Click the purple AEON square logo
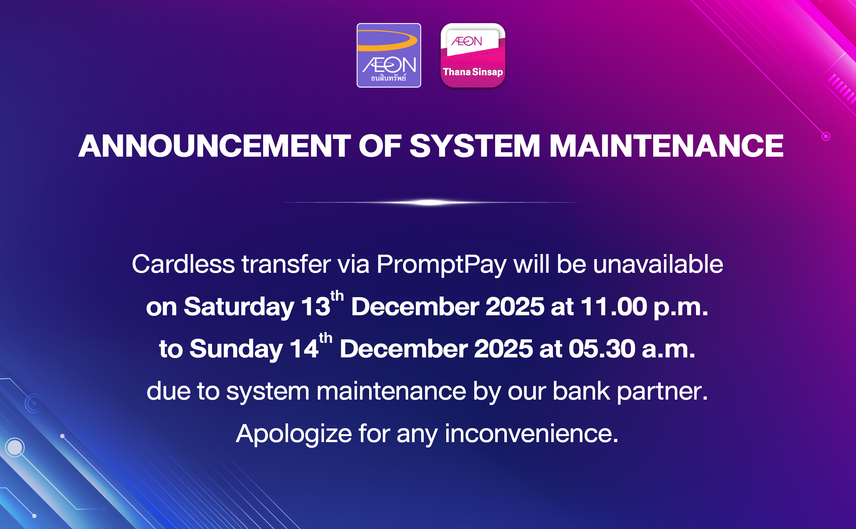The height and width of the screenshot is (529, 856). (388, 55)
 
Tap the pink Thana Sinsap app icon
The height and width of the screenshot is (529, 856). (473, 55)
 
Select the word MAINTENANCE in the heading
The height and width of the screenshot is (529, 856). (666, 146)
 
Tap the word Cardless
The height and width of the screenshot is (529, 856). (183, 264)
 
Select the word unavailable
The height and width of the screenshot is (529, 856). (658, 264)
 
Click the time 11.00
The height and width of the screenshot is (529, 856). (614, 307)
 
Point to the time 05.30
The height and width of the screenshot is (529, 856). (602, 349)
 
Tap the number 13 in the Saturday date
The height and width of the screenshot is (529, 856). (315, 307)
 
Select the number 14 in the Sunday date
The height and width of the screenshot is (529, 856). (304, 349)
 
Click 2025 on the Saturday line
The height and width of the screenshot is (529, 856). (515, 307)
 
